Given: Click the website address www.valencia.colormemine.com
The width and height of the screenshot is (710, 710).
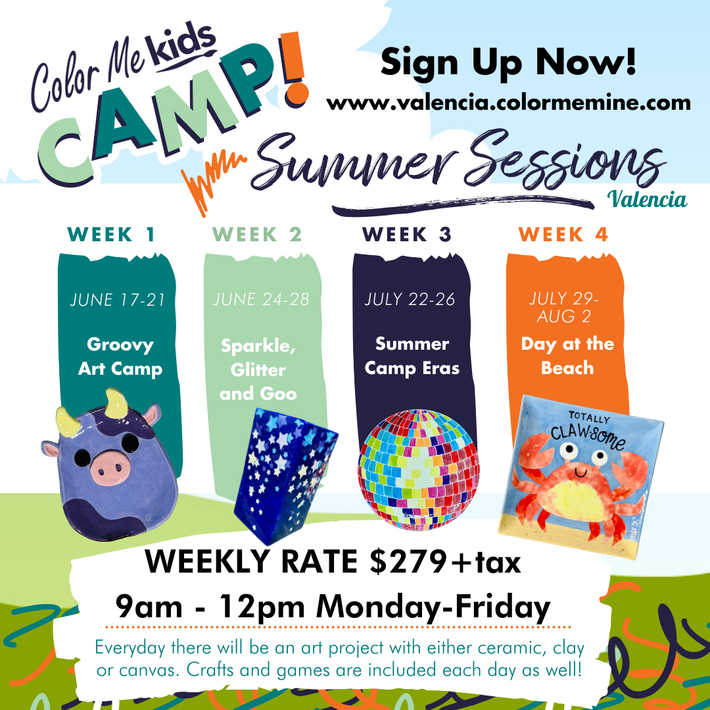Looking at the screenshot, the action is pyautogui.click(x=508, y=103).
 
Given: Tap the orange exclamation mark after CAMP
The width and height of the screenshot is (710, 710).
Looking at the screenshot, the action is pyautogui.click(x=293, y=68).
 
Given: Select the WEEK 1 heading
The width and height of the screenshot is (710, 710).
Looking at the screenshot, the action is pyautogui.click(x=111, y=235).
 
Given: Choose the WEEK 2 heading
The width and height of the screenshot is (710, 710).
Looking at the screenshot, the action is pyautogui.click(x=257, y=235).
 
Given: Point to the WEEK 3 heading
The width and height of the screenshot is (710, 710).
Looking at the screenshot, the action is pyautogui.click(x=407, y=235).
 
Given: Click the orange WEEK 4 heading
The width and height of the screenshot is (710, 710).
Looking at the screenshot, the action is pyautogui.click(x=563, y=235).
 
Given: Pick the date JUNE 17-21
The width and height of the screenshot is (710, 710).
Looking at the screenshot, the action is pyautogui.click(x=117, y=300).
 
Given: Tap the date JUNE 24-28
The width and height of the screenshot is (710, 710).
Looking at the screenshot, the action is pyautogui.click(x=261, y=299).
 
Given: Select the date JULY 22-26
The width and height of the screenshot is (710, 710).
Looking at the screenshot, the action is pyautogui.click(x=410, y=299).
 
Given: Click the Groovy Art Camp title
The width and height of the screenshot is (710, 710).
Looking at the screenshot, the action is pyautogui.click(x=120, y=357).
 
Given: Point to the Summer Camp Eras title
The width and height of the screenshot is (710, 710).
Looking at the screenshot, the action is pyautogui.click(x=412, y=356).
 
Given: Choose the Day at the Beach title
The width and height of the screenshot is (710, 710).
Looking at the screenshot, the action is pyautogui.click(x=567, y=356).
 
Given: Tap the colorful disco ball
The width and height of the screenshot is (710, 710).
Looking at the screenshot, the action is pyautogui.click(x=418, y=469).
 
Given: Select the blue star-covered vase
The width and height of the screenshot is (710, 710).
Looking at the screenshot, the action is pyautogui.click(x=285, y=475).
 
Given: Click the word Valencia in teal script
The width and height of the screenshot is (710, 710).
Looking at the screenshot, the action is pyautogui.click(x=647, y=199).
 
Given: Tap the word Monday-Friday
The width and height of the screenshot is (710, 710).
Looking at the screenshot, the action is pyautogui.click(x=433, y=607).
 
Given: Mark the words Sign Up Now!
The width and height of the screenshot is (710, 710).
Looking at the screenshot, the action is pyautogui.click(x=508, y=62).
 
